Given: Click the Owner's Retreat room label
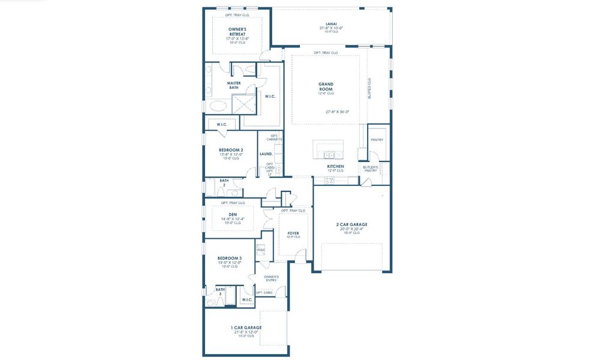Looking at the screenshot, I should [x=237, y=32].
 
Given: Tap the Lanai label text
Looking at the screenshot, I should [x=331, y=23].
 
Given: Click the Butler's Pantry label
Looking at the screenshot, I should [x=371, y=169].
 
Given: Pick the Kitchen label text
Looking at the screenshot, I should [x=335, y=166].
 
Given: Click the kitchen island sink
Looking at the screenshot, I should [x=329, y=154].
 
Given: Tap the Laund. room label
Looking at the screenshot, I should [x=266, y=154].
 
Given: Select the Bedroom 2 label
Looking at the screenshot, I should [x=231, y=150].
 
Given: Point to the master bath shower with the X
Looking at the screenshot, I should [x=243, y=103].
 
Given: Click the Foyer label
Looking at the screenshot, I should [x=293, y=233].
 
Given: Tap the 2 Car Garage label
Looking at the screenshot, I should [x=351, y=224].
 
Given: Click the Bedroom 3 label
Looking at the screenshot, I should [x=229, y=258].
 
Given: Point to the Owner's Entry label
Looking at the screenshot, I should [x=272, y=278].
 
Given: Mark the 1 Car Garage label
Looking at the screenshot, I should [x=246, y=328].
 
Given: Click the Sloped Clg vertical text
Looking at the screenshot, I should [x=369, y=88].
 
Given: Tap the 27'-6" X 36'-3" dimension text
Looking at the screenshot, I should [x=338, y=111].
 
